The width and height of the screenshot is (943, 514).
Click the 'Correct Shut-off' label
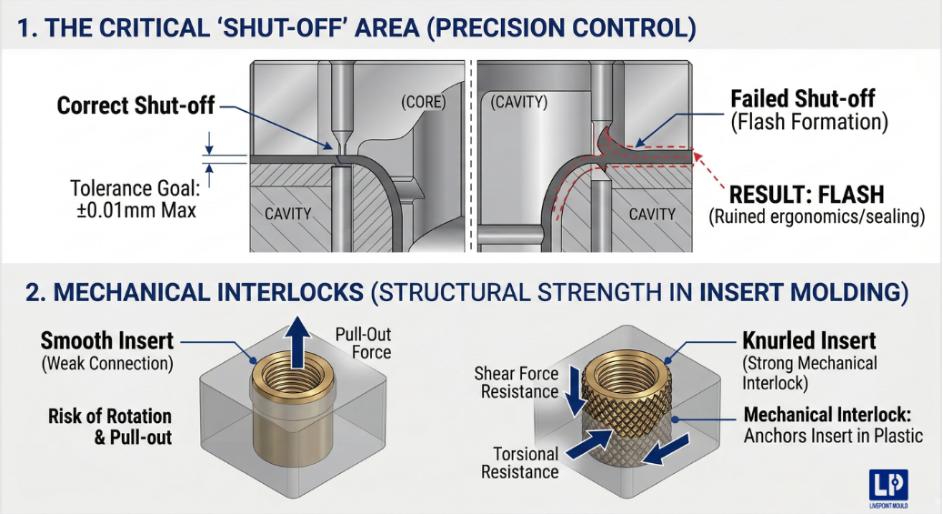click(135, 106)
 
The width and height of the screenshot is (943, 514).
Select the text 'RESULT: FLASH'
click(807, 194)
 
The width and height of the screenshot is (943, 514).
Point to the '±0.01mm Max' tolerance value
click(134, 208)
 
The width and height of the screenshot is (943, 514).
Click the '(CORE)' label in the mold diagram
click(424, 103)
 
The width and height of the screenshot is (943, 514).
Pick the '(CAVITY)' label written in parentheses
click(519, 103)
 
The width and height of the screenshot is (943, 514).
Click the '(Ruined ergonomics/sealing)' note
click(817, 217)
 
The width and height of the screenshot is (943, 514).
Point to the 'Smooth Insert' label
click(106, 341)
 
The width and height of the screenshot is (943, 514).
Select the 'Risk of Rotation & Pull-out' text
click(109, 427)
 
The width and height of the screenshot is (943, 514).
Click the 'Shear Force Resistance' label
click(516, 382)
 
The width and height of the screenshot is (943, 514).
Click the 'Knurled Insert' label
click(809, 341)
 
